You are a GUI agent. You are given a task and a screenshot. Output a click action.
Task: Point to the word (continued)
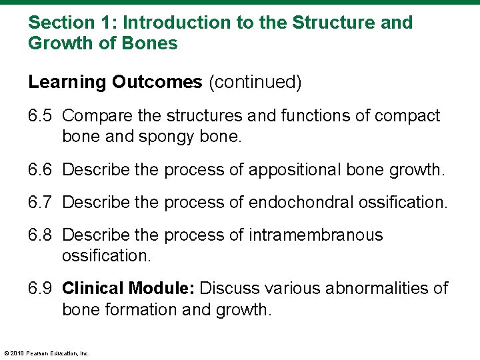pos(255,82)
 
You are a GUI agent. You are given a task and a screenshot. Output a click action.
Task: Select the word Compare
pos(95,116)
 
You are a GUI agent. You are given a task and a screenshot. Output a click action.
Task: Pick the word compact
pos(407,116)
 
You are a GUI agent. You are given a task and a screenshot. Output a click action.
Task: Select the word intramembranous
pos(316,235)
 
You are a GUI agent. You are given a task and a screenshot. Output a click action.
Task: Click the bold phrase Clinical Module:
pos(128,289)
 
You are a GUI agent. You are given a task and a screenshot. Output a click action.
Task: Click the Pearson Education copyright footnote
pos(47,353)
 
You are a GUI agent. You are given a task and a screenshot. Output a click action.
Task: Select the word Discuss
pos(230,289)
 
